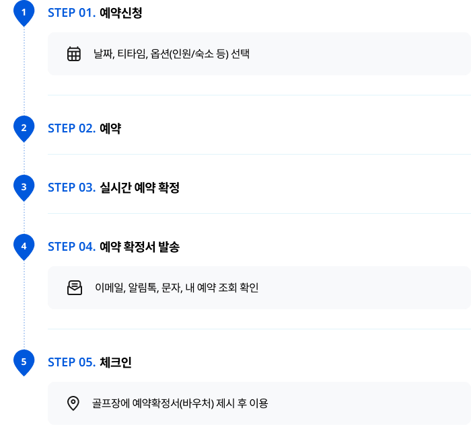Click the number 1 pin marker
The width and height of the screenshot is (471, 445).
24,13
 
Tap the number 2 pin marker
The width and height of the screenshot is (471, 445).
24,128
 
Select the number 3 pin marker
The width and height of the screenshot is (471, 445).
24,188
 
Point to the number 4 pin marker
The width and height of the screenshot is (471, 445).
24,247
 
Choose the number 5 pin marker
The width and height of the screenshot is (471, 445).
24,362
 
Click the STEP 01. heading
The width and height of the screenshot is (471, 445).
72,13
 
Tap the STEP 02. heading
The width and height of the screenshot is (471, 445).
72,128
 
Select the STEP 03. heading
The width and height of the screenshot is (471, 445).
72,188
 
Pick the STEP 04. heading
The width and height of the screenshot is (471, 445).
72,247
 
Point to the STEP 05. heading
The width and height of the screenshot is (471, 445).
72,362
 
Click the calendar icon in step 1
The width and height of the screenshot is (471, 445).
74,54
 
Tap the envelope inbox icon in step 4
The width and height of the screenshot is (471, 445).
75,288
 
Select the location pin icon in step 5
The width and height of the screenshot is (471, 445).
73,403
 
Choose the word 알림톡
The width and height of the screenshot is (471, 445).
143,288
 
